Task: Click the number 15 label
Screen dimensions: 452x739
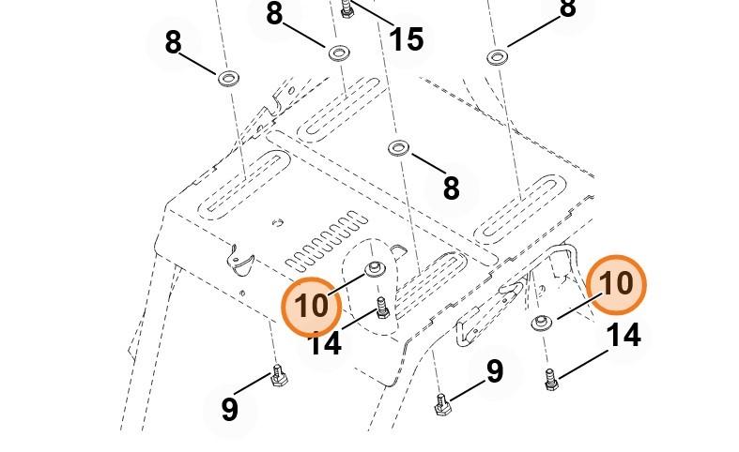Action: [406, 39]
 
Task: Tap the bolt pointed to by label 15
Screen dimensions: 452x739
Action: [346, 8]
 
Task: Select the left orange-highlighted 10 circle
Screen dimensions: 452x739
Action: [312, 306]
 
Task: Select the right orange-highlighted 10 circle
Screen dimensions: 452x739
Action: [616, 284]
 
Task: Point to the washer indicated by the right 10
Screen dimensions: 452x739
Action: [542, 324]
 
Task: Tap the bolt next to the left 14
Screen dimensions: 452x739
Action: [381, 308]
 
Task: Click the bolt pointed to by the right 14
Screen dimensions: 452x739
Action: [551, 380]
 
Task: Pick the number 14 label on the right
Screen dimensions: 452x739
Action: [624, 334]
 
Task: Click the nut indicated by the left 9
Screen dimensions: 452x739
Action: [278, 376]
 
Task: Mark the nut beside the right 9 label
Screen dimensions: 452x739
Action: [443, 405]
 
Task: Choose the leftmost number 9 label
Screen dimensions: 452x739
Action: [230, 409]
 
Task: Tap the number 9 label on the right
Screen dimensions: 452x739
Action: [495, 371]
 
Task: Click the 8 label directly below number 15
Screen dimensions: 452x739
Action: [451, 188]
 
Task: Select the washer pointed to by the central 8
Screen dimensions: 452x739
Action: [397, 148]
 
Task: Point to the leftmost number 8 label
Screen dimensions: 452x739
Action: [173, 42]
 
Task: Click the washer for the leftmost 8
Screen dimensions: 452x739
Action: [226, 77]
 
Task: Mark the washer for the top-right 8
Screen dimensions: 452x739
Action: [498, 57]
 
